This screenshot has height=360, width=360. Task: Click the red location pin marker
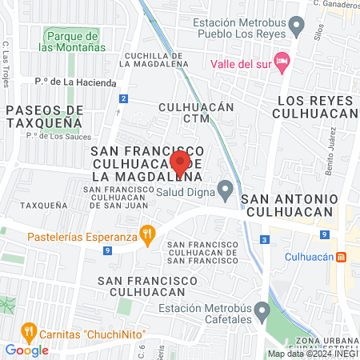point(180,162)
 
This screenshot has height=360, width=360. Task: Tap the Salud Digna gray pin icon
point(226,190)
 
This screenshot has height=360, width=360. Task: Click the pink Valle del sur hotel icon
point(281,62)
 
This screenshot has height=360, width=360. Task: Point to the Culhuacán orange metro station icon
point(341,257)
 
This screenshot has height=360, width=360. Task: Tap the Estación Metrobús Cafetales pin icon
point(262,310)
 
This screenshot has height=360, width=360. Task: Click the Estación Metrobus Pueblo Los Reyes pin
point(298,28)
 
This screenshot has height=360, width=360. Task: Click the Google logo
point(26,350)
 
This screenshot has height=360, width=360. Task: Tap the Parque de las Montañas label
point(72,42)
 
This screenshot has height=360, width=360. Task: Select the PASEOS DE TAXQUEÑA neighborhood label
point(43,116)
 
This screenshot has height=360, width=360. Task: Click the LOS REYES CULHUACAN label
point(314,107)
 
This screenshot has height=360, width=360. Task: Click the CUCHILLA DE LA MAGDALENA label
point(154,59)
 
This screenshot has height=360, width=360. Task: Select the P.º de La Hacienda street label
point(76,82)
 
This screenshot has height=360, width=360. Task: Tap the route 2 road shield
point(123,98)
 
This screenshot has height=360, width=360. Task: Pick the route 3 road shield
point(264,239)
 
